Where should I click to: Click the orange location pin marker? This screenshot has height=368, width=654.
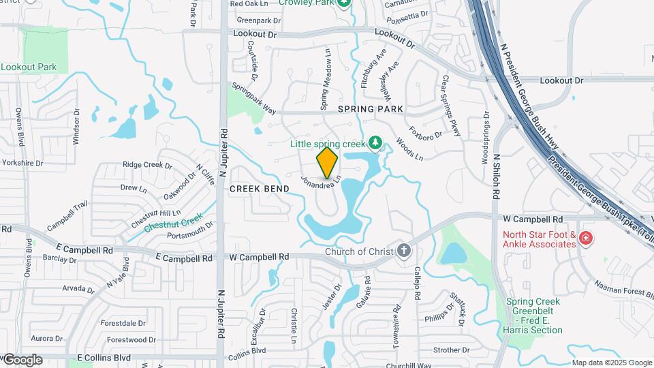click(327, 162)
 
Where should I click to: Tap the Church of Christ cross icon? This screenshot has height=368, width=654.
click(404, 251)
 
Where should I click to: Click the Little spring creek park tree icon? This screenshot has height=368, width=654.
click(374, 142)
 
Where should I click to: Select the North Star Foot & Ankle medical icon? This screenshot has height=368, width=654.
click(586, 239)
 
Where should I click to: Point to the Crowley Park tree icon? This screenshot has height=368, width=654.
click(344, 2)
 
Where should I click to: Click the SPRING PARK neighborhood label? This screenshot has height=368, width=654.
click(371, 109)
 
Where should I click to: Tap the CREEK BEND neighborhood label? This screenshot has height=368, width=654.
click(255, 188)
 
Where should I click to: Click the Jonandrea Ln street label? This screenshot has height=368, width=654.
click(320, 185)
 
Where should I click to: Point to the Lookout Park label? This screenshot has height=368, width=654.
click(29, 67)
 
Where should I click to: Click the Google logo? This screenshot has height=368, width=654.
click(22, 359)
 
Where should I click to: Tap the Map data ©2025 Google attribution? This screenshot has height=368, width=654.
click(611, 363)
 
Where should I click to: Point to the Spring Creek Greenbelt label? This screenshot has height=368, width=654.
click(533, 316)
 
